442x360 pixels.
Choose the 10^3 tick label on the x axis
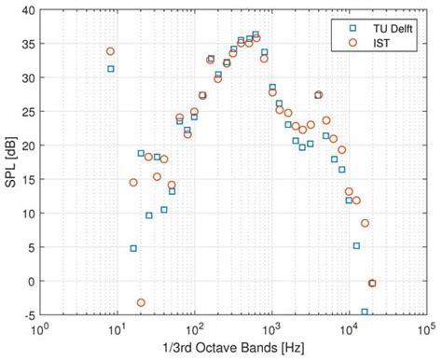pyautogui.click(x=271, y=330)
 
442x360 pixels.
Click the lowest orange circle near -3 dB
pyautogui.click(x=141, y=302)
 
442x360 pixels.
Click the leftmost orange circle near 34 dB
pyautogui.click(x=110, y=51)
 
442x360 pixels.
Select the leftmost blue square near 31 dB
pyautogui.click(x=110, y=69)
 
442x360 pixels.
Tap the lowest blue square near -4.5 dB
pyautogui.click(x=364, y=312)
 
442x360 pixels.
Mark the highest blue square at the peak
pyautogui.click(x=256, y=35)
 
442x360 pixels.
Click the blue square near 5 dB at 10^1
pyautogui.click(x=133, y=248)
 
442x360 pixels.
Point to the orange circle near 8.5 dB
pyautogui.click(x=365, y=223)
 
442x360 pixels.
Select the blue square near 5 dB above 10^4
pyautogui.click(x=356, y=245)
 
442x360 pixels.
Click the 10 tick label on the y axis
pyautogui.click(x=28, y=214)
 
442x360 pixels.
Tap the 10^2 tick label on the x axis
pyautogui.click(x=194, y=330)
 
